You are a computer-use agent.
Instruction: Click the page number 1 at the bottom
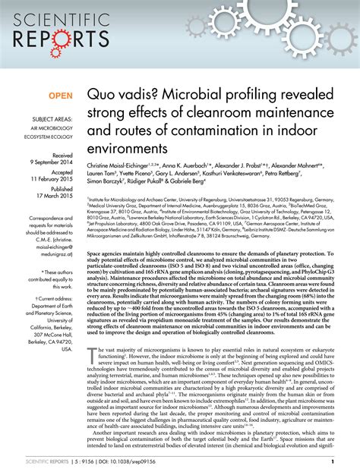[333, 461]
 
